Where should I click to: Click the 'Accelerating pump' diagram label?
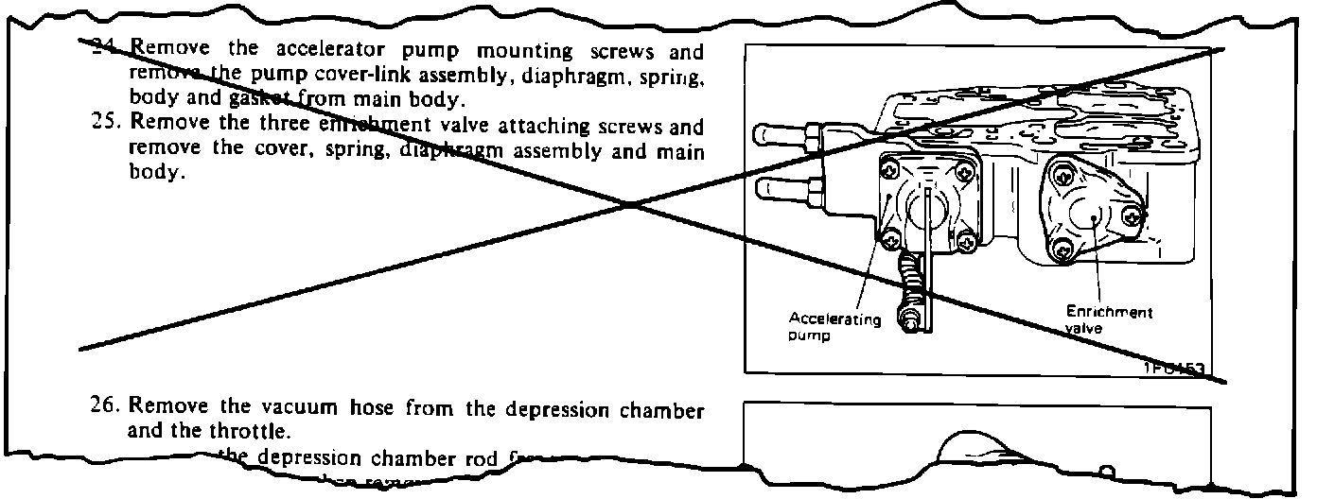tap(834, 328)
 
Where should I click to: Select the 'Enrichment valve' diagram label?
tap(1109, 319)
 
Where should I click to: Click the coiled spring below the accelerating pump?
tap(910, 281)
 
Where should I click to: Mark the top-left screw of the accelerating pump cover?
tap(888, 172)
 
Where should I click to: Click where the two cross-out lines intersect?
tap(629, 203)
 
